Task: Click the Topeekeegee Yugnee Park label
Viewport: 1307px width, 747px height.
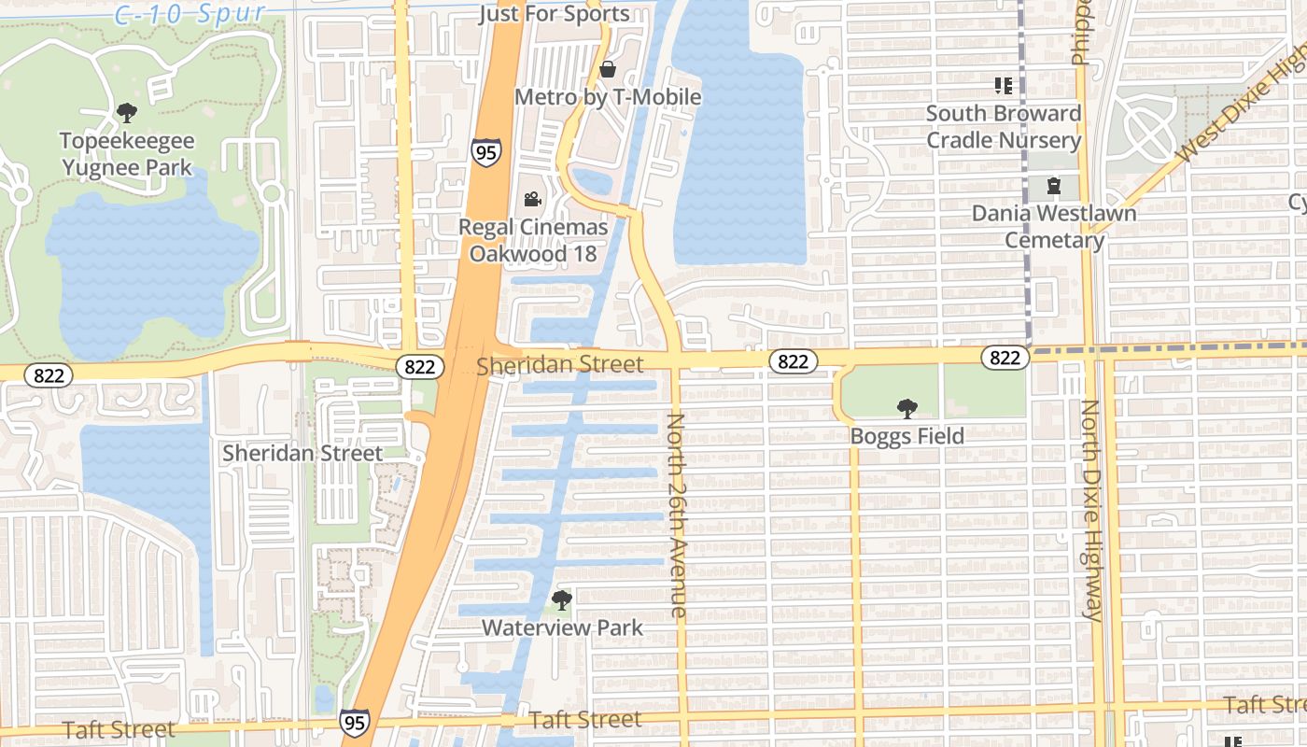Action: pos(127,155)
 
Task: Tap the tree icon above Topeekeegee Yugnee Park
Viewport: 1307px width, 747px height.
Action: pos(127,114)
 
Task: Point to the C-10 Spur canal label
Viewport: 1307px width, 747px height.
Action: pos(190,14)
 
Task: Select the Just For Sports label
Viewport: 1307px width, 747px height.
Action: pos(554,14)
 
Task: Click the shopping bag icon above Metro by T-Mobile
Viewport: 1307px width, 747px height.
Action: pos(608,69)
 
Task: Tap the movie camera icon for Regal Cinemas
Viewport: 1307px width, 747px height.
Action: pos(532,199)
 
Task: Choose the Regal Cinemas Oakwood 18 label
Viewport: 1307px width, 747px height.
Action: pos(532,241)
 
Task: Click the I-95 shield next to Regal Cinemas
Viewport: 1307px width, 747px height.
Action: pos(485,152)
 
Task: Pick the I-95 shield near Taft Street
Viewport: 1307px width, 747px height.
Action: pos(354,722)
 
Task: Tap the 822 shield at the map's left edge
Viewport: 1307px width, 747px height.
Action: pos(42,375)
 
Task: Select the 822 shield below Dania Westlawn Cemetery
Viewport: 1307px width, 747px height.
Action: pos(1005,358)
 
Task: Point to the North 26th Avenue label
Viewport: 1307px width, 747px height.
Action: pos(677,515)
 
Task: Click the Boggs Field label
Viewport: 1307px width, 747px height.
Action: pos(906,436)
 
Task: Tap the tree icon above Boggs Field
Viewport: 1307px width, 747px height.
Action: pos(906,408)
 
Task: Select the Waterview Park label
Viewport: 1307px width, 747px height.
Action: pos(562,627)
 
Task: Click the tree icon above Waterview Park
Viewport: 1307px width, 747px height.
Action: pos(561,599)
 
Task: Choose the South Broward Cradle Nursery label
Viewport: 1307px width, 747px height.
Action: pos(1004,127)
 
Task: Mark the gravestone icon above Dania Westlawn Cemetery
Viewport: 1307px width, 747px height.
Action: pos(1054,186)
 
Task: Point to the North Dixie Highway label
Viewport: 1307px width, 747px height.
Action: pos(1089,510)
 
